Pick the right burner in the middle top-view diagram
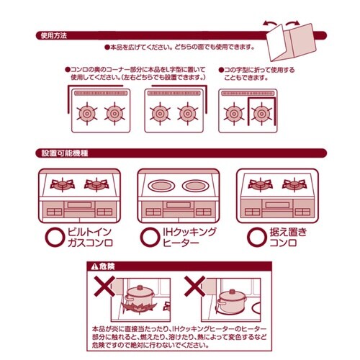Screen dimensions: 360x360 187,112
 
